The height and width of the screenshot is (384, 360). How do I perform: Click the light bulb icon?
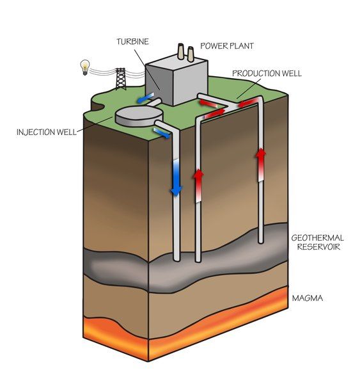tap(85, 67)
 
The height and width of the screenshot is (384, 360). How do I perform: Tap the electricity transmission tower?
tap(121, 79)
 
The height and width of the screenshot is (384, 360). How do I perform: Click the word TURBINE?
tap(132, 42)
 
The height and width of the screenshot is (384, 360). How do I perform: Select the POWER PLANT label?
tap(227, 46)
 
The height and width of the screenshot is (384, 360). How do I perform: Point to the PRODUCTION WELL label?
tap(267, 73)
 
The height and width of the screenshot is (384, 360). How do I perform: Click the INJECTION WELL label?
tap(47, 132)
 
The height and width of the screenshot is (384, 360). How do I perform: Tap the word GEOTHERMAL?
tap(317, 238)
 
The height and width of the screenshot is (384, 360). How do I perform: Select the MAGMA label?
tap(308, 298)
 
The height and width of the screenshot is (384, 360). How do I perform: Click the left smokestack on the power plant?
tap(180, 51)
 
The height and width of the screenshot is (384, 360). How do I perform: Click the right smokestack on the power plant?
tap(191, 54)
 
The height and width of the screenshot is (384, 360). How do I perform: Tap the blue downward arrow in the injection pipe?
tap(176, 178)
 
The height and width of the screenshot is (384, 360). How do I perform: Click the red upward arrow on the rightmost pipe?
tap(261, 165)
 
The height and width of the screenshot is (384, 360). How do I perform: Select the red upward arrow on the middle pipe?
tap(198, 186)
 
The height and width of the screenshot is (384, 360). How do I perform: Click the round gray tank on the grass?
tap(139, 116)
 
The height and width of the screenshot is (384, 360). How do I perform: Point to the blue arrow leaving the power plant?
tap(145, 97)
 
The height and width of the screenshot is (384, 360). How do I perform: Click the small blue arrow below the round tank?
tap(161, 132)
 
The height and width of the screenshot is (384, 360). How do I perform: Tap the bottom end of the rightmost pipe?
tap(261, 242)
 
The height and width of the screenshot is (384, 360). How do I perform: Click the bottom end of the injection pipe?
tap(176, 259)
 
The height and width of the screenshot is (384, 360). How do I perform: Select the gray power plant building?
tap(176, 80)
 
